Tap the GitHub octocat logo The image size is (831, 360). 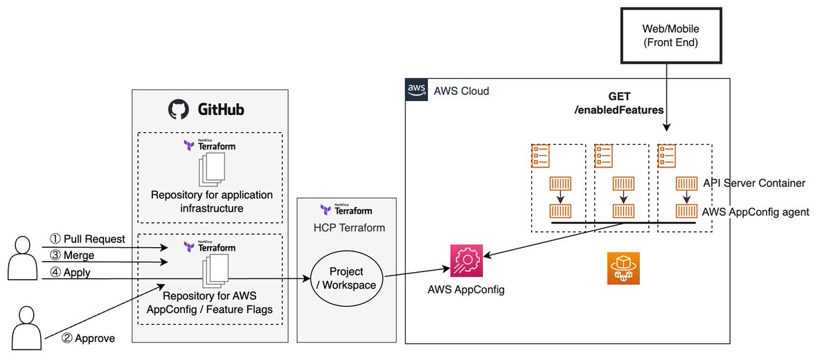click(x=178, y=109)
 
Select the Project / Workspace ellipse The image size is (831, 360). click(x=346, y=278)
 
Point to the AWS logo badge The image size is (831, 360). click(x=416, y=90)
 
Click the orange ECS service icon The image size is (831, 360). click(x=623, y=269)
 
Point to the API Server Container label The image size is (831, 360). click(x=753, y=183)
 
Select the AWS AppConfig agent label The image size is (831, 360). click(x=755, y=212)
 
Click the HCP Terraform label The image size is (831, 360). click(x=345, y=228)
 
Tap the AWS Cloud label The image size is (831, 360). click(x=461, y=91)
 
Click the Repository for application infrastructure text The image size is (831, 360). click(x=211, y=201)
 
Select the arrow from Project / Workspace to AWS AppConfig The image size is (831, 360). click(x=413, y=271)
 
